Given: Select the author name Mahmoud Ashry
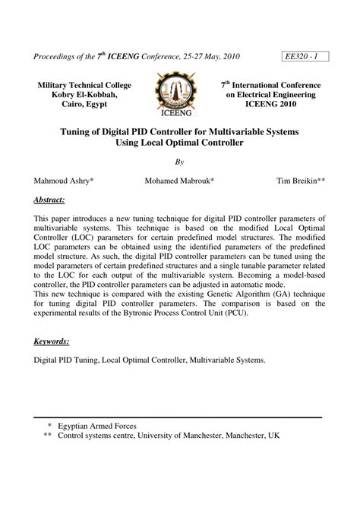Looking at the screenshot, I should (65, 181).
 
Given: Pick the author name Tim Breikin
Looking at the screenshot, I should (301, 181).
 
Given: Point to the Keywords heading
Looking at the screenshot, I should (52, 342).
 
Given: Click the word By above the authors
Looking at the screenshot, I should (180, 162).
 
